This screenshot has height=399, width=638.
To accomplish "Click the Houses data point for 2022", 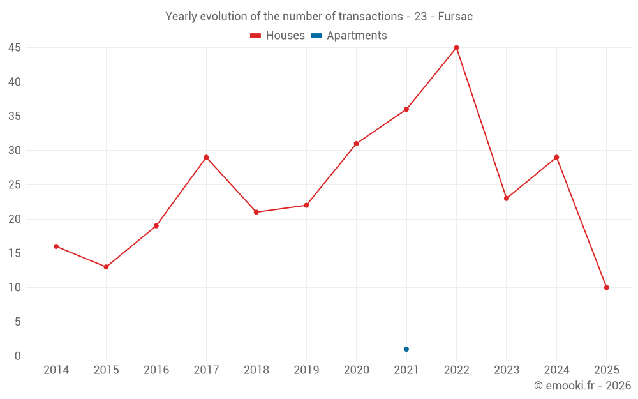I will [x=456, y=48].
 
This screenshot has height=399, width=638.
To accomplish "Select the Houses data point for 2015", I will [x=106, y=267].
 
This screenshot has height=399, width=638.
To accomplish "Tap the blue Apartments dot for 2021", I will [x=406, y=349].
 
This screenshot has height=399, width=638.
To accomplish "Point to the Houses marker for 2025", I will [x=606, y=287].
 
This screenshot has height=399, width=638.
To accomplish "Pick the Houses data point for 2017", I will [x=206, y=157].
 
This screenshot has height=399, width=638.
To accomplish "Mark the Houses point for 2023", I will [x=507, y=199].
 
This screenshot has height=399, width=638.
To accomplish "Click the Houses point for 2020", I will [x=356, y=144].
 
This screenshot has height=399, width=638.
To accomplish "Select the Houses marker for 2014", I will [x=56, y=246].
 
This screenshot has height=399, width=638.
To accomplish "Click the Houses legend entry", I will [x=278, y=36].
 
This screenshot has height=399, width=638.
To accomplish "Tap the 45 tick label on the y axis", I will [x=15, y=48].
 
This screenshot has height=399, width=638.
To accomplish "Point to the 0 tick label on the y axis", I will [x=18, y=356].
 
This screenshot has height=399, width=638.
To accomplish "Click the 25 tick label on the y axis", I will [x=15, y=185].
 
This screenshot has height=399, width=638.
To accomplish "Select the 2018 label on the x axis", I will [x=256, y=370].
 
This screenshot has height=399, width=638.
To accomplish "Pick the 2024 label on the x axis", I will [x=556, y=370].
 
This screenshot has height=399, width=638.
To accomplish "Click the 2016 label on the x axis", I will [x=156, y=370].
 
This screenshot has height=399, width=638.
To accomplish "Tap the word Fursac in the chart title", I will [x=455, y=17].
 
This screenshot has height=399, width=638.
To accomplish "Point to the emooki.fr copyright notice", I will [x=582, y=386].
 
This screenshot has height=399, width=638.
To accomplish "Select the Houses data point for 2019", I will [x=306, y=205].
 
